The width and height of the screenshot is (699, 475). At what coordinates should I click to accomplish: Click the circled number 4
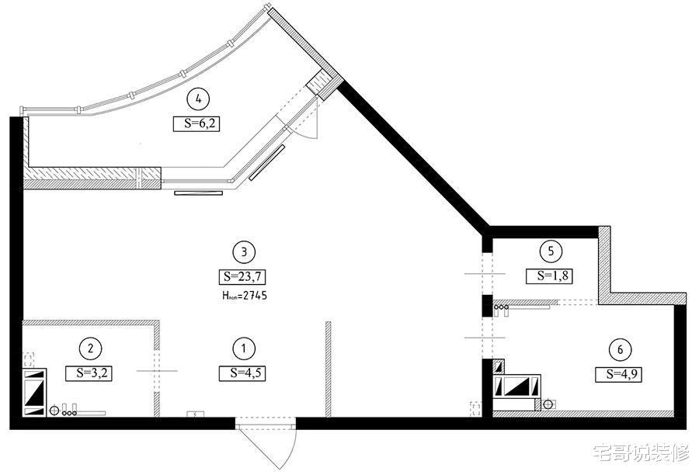tap(198, 99)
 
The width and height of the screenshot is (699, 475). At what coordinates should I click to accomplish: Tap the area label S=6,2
tap(196, 123)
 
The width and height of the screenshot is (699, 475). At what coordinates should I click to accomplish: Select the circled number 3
tap(244, 252)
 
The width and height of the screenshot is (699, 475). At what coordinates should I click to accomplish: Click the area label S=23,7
tap(242, 277)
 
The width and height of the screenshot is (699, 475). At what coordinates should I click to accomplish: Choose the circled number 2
tap(91, 348)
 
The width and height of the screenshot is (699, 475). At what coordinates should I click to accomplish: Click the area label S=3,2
tap(89, 373)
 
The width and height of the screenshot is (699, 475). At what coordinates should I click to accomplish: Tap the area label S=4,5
tap(242, 373)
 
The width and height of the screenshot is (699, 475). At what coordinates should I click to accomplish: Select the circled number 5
tap(551, 251)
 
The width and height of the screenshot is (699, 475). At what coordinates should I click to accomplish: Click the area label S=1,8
tap(549, 276)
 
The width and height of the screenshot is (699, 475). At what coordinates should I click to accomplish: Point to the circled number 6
tap(621, 350)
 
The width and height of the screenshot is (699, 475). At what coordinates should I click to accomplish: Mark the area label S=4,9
tap(619, 375)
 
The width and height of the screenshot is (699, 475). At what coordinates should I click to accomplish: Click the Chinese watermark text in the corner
tap(642, 452)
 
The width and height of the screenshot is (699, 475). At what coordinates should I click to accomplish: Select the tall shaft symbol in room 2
tap(34, 392)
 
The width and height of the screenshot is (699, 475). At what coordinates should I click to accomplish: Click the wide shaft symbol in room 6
tap(517, 386)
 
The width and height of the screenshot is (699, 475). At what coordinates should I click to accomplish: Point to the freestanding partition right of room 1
tap(329, 369)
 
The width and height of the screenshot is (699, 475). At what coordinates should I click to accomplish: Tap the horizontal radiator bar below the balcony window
tap(198, 193)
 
